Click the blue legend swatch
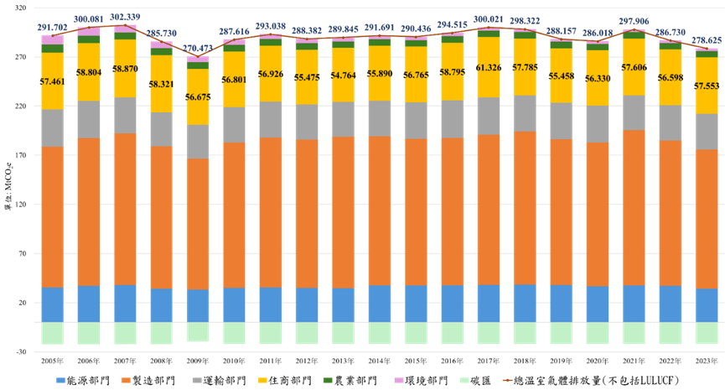[x=60, y=381]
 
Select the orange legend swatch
[x=126, y=381]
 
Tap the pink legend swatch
[x=399, y=381]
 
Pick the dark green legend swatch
[x=328, y=381]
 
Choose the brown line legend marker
[x=507, y=381]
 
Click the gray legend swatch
[x=197, y=381]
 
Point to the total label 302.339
[x=125, y=17]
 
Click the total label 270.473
[x=199, y=49]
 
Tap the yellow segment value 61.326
[x=489, y=67]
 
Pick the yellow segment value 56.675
[x=199, y=97]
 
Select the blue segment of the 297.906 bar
[x=634, y=304]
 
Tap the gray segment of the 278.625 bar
[x=707, y=132]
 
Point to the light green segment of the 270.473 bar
[x=199, y=332]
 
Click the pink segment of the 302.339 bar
[x=125, y=29]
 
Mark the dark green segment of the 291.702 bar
[x=52, y=49]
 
